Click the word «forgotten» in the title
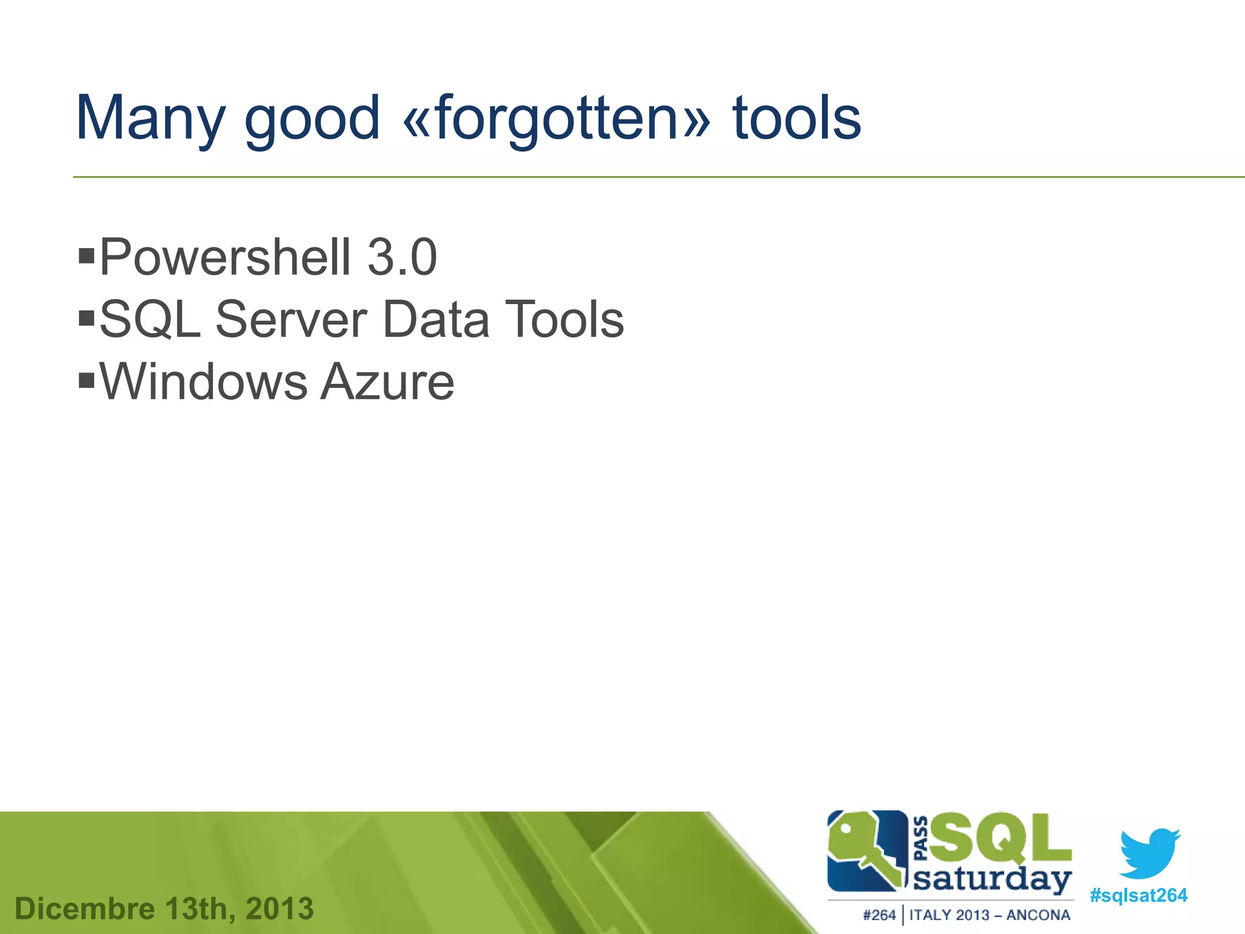coord(556,119)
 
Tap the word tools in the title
coord(796,119)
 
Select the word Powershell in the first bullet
coord(225,257)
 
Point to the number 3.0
coord(402,257)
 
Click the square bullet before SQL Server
coord(87,317)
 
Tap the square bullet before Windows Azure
coord(87,381)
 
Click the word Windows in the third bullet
coord(204,382)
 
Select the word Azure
coord(387,382)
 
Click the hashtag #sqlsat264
coord(1139,896)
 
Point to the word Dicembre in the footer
coord(85,909)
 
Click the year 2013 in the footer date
coord(280,909)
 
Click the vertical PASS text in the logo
coord(921,839)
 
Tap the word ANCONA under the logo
coord(1038,915)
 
